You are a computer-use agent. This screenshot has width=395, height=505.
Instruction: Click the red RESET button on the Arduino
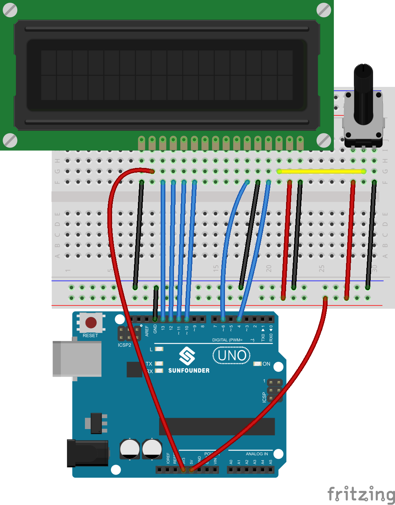point(91,323)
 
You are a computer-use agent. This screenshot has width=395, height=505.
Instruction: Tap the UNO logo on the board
point(232,356)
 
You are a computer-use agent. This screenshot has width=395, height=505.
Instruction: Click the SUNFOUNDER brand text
point(189,370)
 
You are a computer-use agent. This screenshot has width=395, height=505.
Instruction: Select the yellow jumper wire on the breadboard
point(321,171)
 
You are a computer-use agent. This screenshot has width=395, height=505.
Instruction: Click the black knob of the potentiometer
point(363,94)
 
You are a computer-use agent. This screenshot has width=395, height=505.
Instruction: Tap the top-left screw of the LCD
point(10,10)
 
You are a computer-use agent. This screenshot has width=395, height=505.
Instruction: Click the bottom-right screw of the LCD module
point(324,140)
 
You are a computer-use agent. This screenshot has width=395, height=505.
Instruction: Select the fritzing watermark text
point(360,494)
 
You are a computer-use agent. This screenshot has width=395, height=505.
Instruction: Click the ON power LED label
point(266,364)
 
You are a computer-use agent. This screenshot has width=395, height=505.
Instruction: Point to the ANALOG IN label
point(257,454)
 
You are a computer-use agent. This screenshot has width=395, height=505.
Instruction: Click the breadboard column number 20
point(268,269)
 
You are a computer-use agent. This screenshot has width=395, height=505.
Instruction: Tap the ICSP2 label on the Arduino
point(125,345)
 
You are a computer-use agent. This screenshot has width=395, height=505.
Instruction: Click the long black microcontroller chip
point(217,426)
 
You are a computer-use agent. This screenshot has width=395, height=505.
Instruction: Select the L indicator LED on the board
point(159,349)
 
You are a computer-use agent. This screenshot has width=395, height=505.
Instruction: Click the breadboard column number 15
point(216,269)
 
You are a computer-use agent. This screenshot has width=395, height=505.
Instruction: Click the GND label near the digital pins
point(155,329)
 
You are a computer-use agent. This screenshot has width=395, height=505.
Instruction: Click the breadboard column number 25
point(321,269)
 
